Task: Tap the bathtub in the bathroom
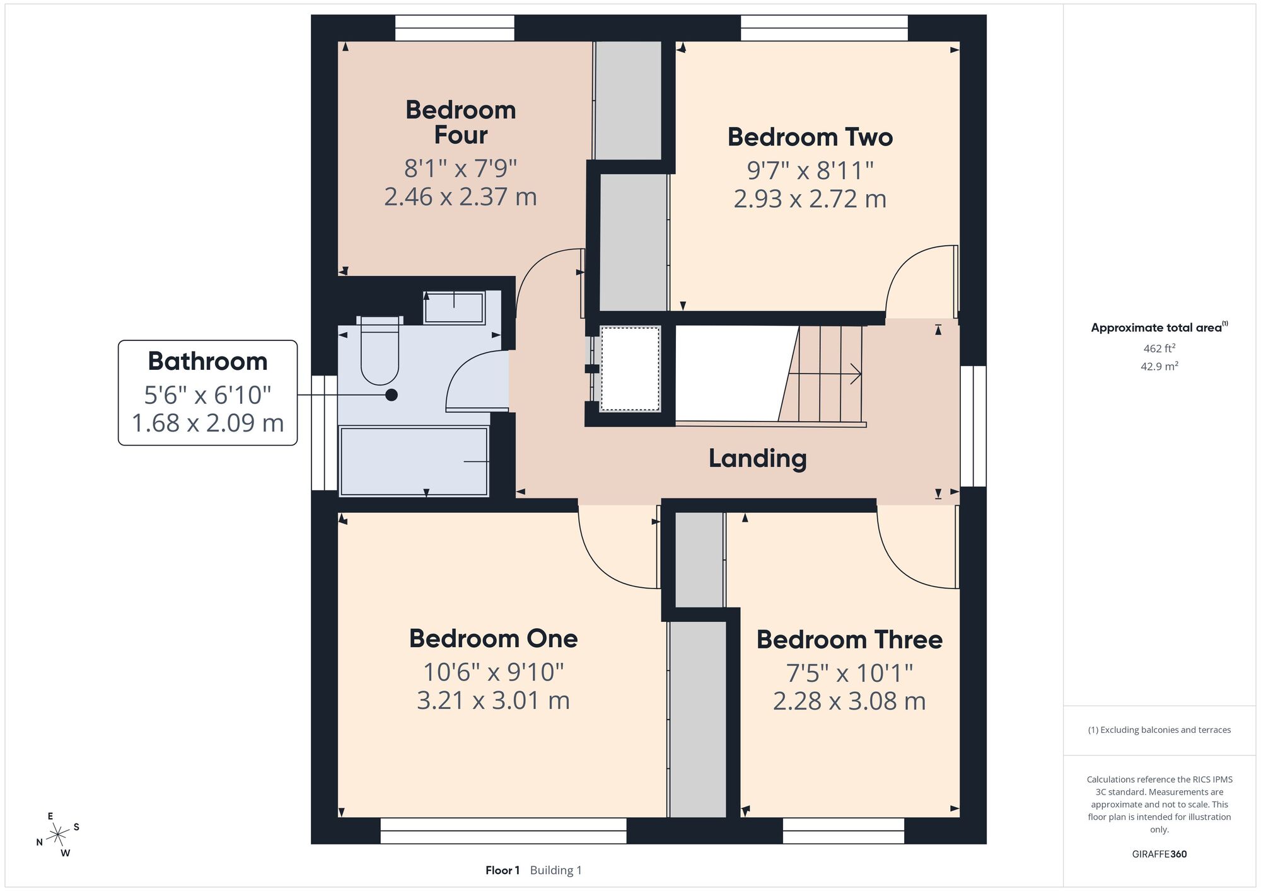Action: click(x=414, y=461)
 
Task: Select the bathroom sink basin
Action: click(x=454, y=308)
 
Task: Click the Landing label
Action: click(x=757, y=458)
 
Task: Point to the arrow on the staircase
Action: click(x=825, y=374)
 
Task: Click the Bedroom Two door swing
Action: click(x=922, y=281)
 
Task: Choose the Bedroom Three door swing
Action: click(x=918, y=547)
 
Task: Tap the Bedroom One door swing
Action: click(x=619, y=547)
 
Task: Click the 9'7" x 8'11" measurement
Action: click(x=810, y=170)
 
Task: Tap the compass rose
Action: click(x=58, y=835)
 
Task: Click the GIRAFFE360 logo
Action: click(x=1159, y=854)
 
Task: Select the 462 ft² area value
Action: click(x=1159, y=348)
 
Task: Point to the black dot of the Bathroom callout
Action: click(x=392, y=395)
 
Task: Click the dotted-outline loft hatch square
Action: click(x=630, y=369)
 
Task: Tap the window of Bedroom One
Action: click(x=504, y=831)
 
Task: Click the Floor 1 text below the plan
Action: click(x=503, y=870)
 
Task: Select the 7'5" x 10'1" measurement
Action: click(x=849, y=674)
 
